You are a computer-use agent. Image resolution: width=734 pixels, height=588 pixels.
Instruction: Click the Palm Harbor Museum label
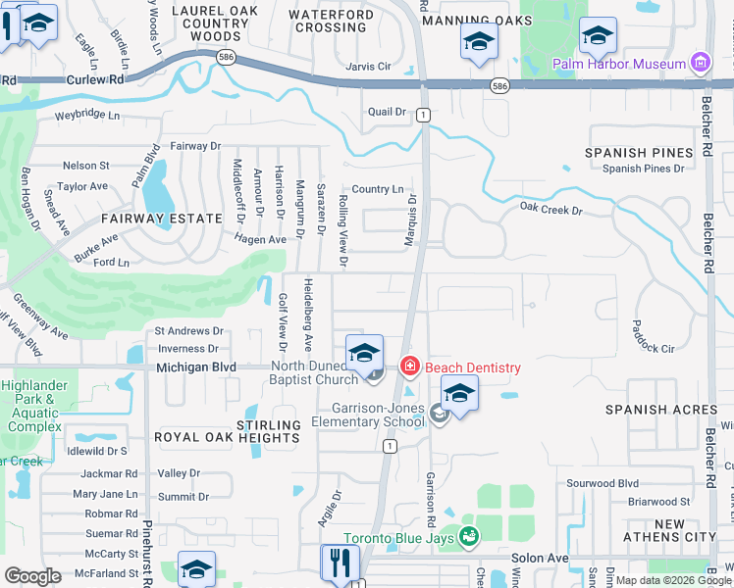pos(618,65)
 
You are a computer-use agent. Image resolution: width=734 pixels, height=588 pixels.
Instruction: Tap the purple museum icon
pos(700,65)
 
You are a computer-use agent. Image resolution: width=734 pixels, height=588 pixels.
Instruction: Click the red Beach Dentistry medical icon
pos(409,367)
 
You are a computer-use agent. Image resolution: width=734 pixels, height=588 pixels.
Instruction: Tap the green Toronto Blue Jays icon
pos(469,536)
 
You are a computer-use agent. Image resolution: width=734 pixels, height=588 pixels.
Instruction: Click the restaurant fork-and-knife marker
pos(340,563)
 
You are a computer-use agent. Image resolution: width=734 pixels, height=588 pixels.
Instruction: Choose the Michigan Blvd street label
pos(196,367)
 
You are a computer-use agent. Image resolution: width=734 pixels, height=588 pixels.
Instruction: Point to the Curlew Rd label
pos(94,78)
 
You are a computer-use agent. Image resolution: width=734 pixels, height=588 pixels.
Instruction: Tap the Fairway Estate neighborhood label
pos(148,219)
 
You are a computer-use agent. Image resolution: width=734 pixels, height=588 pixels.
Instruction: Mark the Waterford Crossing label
pos(331,20)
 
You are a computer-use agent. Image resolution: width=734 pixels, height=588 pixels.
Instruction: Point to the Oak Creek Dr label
pos(550,210)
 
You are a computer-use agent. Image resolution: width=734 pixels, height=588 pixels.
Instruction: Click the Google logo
pos(33,576)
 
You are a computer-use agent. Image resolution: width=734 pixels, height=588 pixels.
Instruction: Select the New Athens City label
pos(670,531)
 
